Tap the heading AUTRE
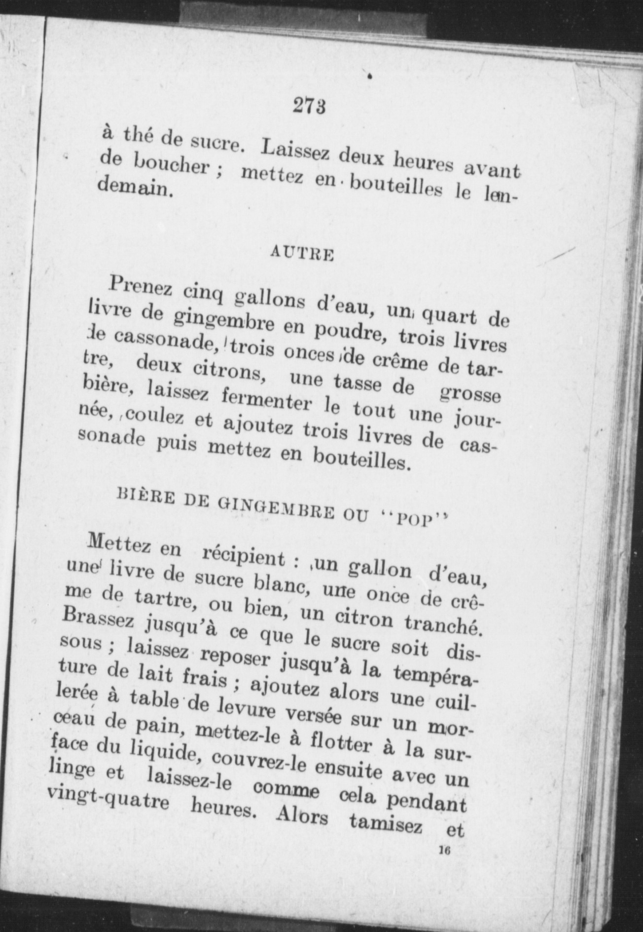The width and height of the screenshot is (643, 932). (x=303, y=254)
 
